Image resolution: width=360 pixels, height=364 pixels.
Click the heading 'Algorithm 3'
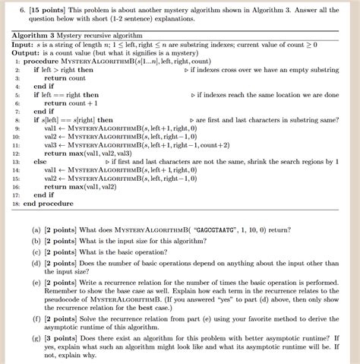tap(36, 36)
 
